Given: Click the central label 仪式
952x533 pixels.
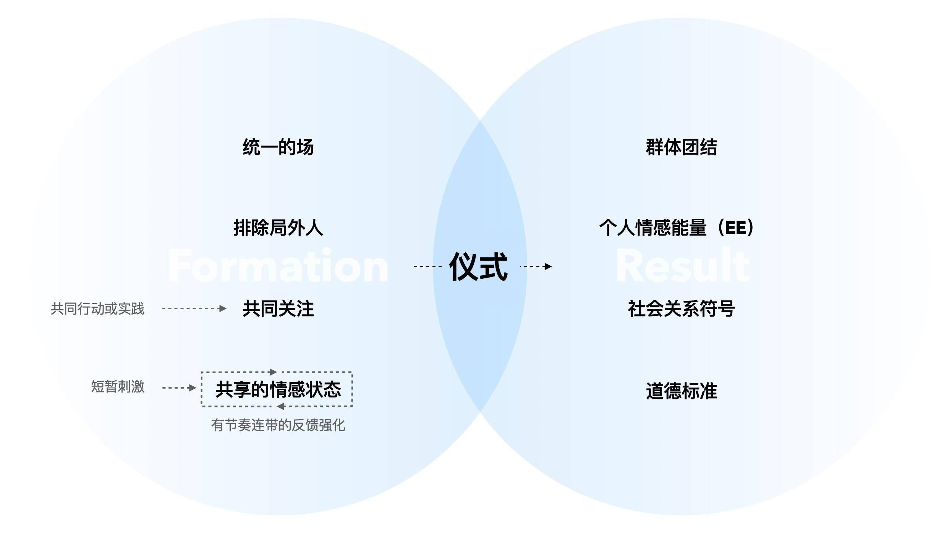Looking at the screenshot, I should click(478, 266).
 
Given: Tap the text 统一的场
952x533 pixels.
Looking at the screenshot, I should click(278, 147).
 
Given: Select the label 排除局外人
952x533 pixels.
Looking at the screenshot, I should click(278, 228).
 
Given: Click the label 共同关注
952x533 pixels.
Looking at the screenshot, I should click(278, 308).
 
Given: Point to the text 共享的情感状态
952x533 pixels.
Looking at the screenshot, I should click(278, 389).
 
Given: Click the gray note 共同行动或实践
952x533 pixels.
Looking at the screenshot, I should click(97, 308).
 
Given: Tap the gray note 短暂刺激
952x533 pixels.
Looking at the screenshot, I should click(118, 387).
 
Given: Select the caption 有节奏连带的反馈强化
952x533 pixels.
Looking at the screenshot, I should click(278, 425).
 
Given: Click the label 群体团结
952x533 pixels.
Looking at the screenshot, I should click(681, 147).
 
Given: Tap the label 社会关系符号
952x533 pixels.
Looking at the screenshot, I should click(681, 308).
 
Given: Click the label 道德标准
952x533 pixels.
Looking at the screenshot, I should click(681, 391).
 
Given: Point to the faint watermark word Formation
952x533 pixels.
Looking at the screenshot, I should click(278, 266).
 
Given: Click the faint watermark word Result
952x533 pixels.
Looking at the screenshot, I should click(683, 266).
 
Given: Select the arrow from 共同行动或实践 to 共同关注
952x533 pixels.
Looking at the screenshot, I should click(194, 308).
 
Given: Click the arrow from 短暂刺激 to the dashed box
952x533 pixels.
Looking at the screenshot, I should click(179, 388).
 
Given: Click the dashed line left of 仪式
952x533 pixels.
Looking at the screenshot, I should click(428, 266).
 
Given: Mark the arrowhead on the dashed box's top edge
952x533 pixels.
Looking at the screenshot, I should click(273, 372).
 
